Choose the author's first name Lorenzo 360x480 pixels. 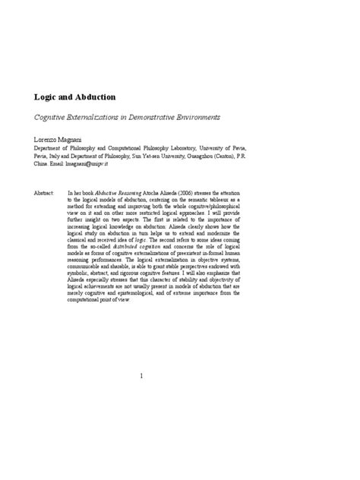[x=46, y=141]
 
